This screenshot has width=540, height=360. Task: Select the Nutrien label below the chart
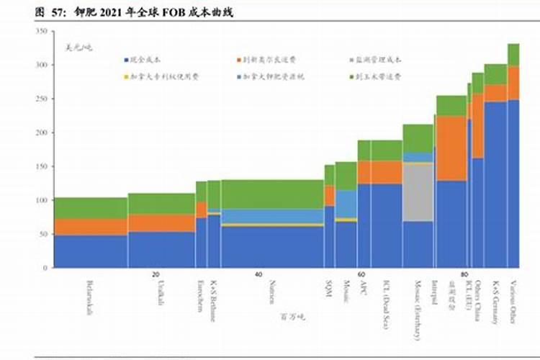274,292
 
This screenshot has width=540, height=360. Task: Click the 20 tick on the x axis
156,275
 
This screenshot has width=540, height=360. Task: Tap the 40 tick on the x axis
258,275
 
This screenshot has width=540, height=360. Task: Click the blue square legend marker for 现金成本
126,60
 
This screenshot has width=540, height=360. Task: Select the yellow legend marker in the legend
126,76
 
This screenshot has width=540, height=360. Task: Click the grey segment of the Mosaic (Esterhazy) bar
418,192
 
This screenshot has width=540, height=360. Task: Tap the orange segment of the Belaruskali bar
91,227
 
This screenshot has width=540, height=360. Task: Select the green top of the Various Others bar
513,55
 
